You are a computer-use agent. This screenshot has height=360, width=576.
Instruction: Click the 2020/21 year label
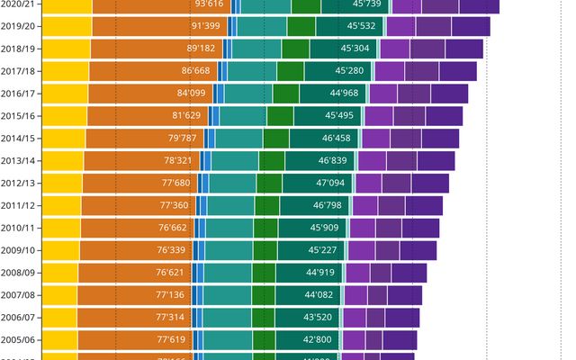pyautogui.click(x=18, y=4)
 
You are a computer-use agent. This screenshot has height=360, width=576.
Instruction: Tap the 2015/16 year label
pyautogui.click(x=18, y=115)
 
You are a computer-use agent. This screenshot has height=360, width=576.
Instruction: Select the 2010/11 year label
pyautogui.click(x=18, y=228)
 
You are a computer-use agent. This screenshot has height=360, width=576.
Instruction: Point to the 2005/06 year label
pyautogui.click(x=18, y=339)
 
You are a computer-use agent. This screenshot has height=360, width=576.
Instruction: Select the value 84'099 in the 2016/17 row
pyautogui.click(x=191, y=93)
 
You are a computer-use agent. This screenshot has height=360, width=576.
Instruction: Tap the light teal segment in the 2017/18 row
pyautogui.click(x=251, y=70)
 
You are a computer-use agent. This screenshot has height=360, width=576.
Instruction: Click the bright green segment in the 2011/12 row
pyautogui.click(x=266, y=205)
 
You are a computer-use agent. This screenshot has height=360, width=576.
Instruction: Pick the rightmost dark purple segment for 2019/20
pyautogui.click(x=471, y=26)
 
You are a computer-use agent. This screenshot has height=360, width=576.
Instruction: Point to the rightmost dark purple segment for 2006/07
pyautogui.click(x=402, y=317)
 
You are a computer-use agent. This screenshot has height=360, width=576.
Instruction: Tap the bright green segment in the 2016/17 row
pyautogui.click(x=285, y=93)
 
